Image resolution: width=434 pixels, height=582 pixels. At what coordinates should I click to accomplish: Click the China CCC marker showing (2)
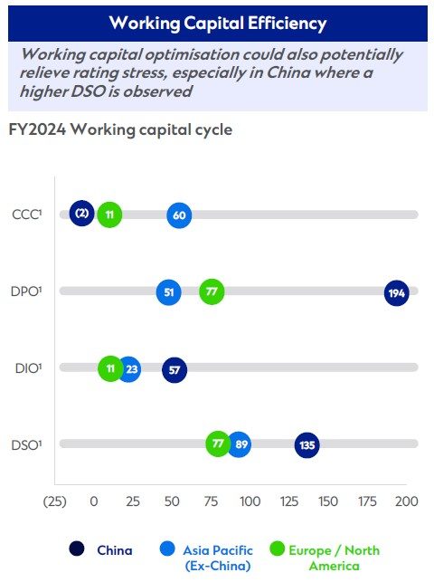tap(81, 215)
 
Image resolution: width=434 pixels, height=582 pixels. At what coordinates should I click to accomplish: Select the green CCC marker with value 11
tap(109, 215)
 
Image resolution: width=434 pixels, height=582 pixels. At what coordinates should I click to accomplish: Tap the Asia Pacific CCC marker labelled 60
tap(179, 215)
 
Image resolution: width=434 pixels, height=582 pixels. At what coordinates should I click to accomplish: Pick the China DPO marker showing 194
tap(396, 292)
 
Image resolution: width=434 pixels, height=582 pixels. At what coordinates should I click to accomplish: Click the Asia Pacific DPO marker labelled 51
tap(168, 292)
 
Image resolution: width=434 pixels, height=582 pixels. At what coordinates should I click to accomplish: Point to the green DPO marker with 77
tap(212, 291)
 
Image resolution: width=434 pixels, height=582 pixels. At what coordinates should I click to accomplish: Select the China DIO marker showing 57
tap(174, 369)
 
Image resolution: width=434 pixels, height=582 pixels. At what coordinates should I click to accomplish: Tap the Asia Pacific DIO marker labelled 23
tap(129, 369)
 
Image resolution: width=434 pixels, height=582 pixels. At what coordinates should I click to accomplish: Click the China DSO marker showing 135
tap(307, 444)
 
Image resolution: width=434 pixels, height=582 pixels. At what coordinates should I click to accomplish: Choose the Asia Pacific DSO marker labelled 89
tap(239, 444)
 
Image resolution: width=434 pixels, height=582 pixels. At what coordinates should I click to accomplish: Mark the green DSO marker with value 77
tap(217, 444)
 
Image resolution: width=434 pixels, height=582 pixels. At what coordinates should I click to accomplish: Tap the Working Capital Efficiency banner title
tap(217, 22)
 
